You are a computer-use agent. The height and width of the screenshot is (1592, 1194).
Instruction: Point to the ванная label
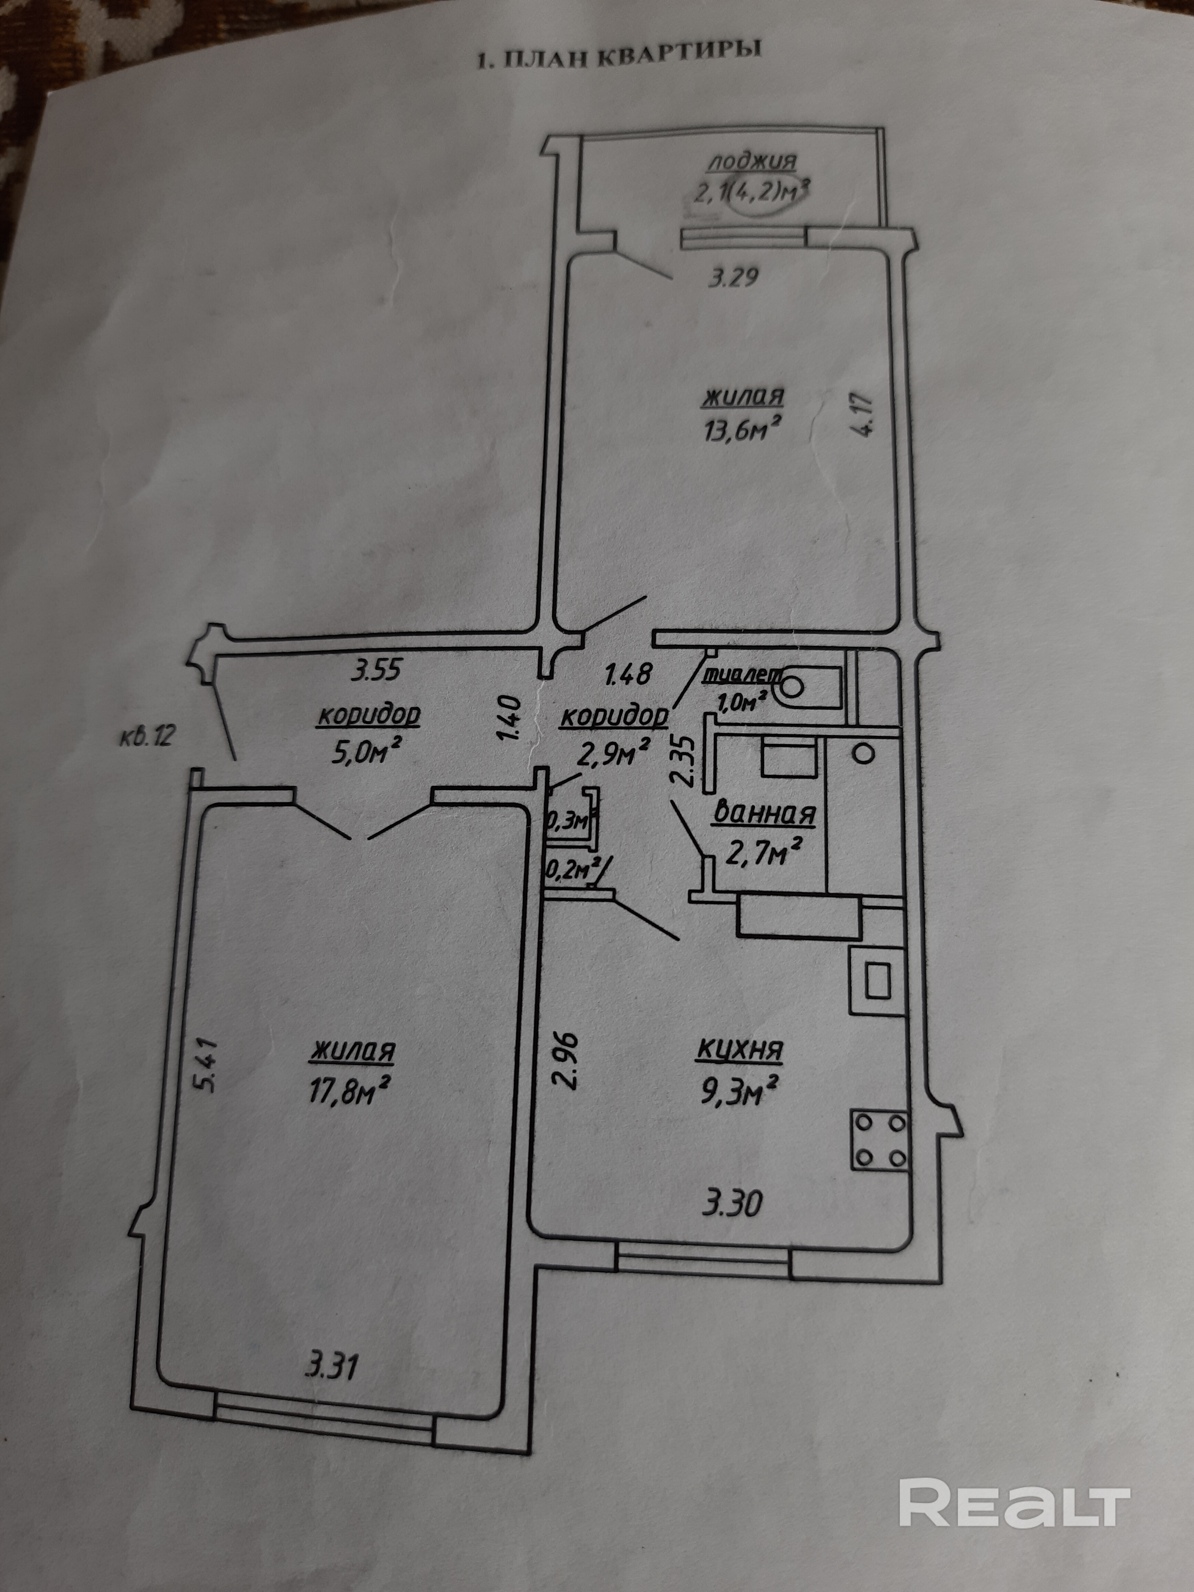click(764, 815)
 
